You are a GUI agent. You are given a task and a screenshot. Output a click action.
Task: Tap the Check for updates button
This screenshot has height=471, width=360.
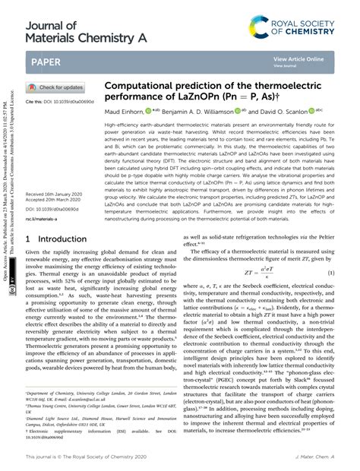click(56, 87)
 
